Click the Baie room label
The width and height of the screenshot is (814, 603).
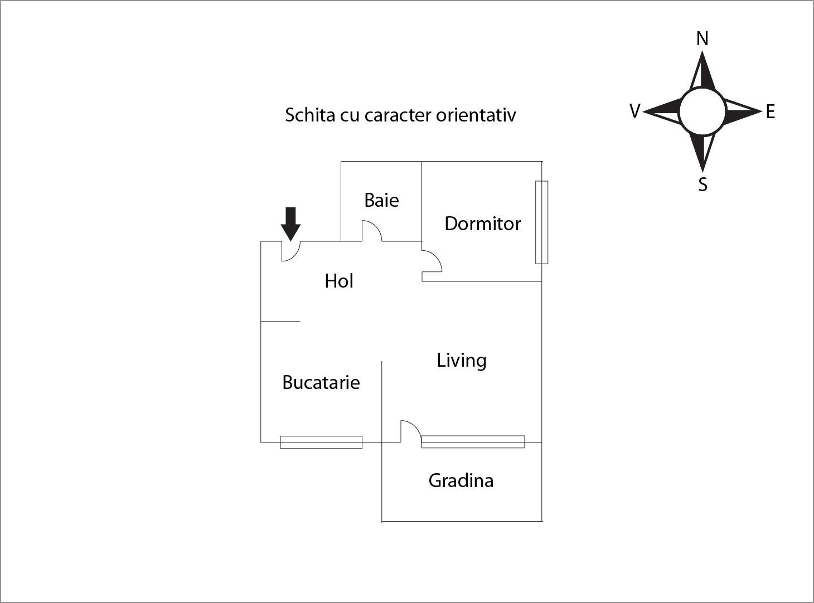click(x=381, y=200)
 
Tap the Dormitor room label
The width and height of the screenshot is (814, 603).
click(x=482, y=223)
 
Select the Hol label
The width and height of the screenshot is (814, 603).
click(x=339, y=281)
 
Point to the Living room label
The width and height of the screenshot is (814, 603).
click(x=461, y=360)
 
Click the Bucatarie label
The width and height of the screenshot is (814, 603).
click(x=321, y=382)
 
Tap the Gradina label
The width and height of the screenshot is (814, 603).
click(x=461, y=480)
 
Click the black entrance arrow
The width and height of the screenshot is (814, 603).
click(x=290, y=223)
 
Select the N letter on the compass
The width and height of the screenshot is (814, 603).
click(x=702, y=38)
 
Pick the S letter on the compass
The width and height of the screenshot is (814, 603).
click(x=703, y=184)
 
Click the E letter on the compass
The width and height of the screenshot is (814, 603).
click(x=771, y=112)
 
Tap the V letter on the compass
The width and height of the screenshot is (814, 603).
click(x=634, y=111)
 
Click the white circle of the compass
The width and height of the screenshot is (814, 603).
click(x=702, y=111)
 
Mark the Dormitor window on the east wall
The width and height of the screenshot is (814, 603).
click(x=541, y=222)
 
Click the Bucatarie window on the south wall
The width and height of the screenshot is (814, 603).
click(x=321, y=442)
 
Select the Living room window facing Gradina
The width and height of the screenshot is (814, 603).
click(x=473, y=441)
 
